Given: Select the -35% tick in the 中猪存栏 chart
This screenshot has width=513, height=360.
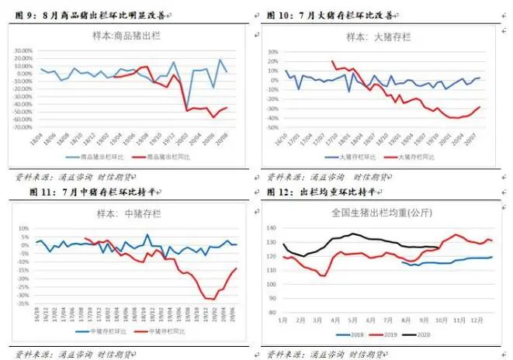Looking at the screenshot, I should (23, 305).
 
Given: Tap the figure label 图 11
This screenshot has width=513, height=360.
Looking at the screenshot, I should (23, 191).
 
